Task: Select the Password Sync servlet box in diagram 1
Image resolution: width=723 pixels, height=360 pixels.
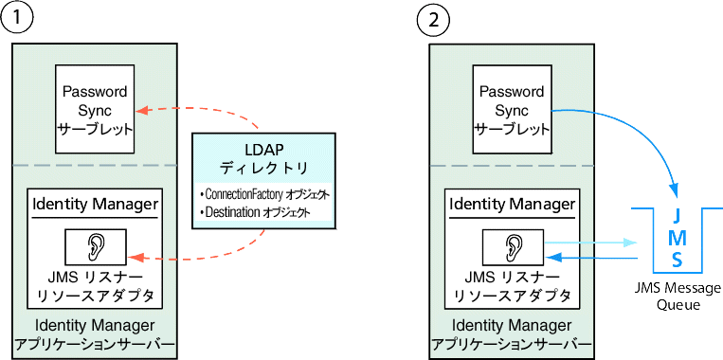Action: click(93, 111)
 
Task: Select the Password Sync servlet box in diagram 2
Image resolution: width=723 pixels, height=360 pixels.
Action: click(511, 111)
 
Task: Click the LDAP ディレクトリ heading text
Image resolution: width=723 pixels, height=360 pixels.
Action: click(263, 158)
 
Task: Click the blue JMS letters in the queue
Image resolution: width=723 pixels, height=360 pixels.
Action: click(678, 237)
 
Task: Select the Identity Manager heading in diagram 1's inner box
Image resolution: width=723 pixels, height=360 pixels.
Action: click(93, 204)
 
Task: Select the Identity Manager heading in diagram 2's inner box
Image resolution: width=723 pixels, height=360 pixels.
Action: click(511, 204)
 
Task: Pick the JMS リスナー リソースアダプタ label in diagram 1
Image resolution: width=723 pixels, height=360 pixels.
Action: click(93, 287)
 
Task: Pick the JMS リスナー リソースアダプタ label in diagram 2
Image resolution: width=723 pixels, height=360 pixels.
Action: click(511, 287)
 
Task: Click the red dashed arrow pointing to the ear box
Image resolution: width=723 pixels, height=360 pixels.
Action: click(199, 254)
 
